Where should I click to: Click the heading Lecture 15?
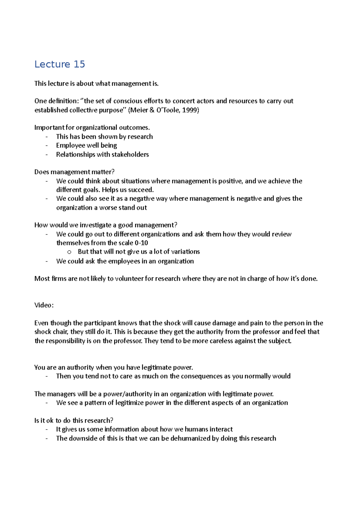[x=60, y=64]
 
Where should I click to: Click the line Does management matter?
[x=74, y=172]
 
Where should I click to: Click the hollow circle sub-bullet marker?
[x=69, y=252]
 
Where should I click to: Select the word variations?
[x=185, y=252]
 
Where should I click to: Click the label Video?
[x=44, y=305]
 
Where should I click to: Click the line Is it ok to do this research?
[x=74, y=421]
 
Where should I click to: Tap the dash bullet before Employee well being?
[x=47, y=146]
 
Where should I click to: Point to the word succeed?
[x=141, y=190]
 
